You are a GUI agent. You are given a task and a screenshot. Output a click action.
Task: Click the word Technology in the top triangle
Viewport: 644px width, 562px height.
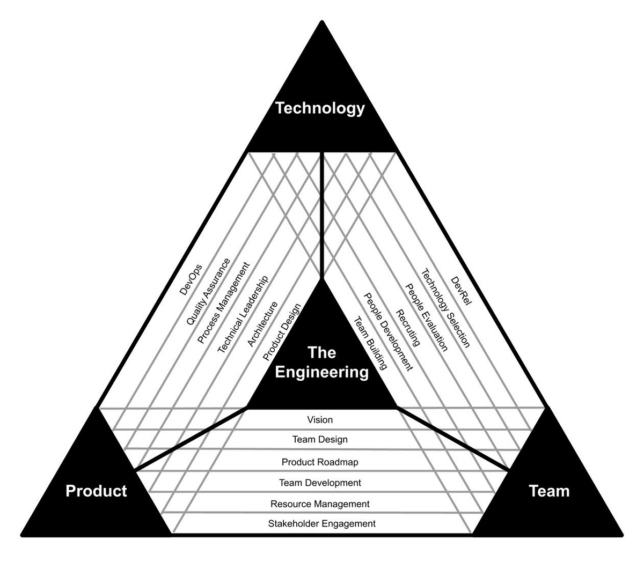tap(320, 108)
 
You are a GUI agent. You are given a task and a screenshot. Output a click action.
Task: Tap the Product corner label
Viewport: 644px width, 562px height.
tap(96, 491)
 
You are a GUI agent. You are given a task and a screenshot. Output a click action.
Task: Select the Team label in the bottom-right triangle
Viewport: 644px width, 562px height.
tap(549, 491)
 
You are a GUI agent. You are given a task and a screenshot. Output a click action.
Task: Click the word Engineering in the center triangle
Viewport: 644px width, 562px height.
tap(321, 372)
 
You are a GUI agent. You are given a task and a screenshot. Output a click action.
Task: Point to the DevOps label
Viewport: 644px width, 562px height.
tap(191, 280)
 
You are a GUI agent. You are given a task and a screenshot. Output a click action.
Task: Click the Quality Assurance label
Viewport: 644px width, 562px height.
tap(208, 292)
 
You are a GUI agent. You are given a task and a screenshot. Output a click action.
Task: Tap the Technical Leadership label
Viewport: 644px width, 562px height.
tap(243, 314)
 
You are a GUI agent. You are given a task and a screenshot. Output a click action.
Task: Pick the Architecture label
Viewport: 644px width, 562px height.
tap(262, 324)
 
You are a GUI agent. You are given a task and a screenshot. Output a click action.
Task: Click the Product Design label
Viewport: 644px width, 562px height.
tap(282, 332)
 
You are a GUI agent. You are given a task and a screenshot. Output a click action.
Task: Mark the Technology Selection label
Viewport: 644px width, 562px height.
tap(445, 308)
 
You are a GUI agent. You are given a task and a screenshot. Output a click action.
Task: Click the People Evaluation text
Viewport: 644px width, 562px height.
tap(426, 317)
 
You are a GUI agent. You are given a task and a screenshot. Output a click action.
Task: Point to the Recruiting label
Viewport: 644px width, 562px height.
tap(408, 328)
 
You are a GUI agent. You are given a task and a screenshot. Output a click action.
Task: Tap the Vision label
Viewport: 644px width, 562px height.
tap(320, 420)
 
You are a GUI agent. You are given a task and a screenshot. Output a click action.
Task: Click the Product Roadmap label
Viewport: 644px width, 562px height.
tap(320, 462)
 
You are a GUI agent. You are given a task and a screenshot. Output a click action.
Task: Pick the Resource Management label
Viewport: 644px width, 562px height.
tap(320, 504)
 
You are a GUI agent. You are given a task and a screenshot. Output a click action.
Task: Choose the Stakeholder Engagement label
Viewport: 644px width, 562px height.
tap(321, 523)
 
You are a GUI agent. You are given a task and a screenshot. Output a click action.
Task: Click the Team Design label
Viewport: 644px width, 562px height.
tap(320, 439)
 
